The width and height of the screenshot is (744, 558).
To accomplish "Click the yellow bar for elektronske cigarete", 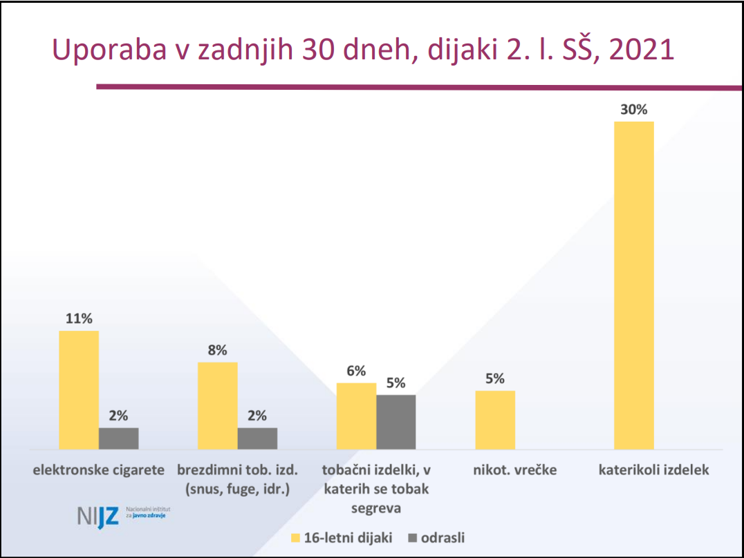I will coord(79,390).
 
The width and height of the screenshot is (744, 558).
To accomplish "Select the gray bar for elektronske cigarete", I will coord(118,439).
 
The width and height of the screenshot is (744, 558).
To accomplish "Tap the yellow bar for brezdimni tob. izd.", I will coord(217,405).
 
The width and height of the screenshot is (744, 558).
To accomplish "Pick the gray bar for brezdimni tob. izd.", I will coord(257,439).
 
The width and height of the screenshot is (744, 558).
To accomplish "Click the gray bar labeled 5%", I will coord(396,422).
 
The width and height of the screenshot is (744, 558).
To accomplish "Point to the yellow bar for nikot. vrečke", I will coord(495,420).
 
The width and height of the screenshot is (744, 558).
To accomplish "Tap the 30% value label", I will coord(633,110).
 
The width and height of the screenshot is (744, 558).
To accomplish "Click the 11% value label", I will coord(79,319).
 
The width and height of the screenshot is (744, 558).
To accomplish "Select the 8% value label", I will coord(217,350).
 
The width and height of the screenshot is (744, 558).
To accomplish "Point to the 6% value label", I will coord(356,371).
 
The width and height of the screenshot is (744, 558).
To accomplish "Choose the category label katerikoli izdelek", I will coord(653,471).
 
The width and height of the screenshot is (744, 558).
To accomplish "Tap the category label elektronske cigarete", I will coord(99,471).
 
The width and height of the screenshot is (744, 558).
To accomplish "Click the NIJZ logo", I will coord(98,516).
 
